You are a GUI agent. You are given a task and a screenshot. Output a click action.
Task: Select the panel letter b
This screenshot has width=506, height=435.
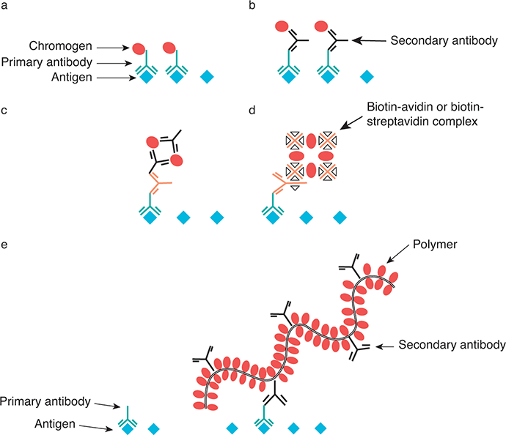point(253,7)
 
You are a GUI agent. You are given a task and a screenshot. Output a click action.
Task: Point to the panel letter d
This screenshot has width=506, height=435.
point(253,111)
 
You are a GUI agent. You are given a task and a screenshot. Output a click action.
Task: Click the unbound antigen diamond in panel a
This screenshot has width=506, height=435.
point(210,76)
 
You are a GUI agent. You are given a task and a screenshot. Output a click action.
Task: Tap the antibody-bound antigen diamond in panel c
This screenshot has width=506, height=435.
point(150,217)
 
